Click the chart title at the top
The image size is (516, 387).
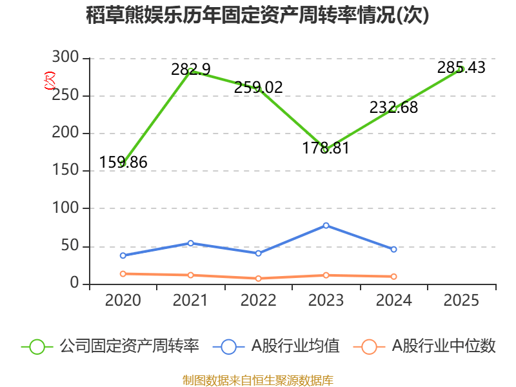click(x=257, y=15)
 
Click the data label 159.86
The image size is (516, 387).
click(x=123, y=163)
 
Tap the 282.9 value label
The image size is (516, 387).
click(x=191, y=69)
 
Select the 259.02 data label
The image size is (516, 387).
click(x=258, y=87)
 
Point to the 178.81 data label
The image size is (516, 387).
click(x=326, y=148)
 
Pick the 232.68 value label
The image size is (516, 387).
click(x=393, y=107)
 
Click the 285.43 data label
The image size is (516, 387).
click(x=461, y=67)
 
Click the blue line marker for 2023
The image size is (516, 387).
click(x=326, y=225)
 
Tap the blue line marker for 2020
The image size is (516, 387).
click(x=123, y=255)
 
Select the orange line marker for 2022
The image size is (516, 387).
click(x=258, y=279)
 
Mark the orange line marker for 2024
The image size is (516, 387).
click(x=393, y=276)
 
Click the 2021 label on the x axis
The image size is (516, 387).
click(x=191, y=300)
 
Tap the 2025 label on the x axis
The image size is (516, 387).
click(x=461, y=300)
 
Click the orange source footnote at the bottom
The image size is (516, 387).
click(x=257, y=380)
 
